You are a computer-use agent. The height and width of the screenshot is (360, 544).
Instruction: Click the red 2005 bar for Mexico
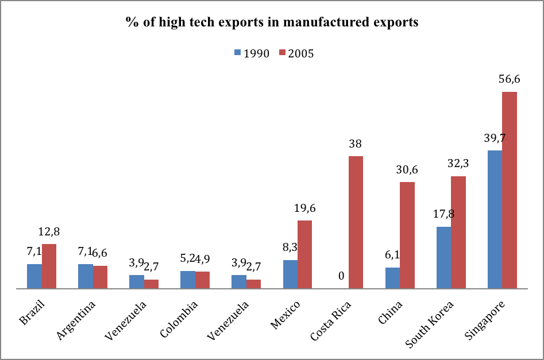coord(305,254)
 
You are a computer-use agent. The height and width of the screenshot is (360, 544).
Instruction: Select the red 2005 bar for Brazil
coord(49,266)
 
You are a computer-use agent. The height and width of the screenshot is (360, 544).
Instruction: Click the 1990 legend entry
coord(252,53)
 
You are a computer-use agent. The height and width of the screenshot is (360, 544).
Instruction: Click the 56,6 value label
coord(509,80)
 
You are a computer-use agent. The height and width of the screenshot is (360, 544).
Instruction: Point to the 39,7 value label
coord(495,138)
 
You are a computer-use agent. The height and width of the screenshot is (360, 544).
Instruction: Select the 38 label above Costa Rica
coord(356,144)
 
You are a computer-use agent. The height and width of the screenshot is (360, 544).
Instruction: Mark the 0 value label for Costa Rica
coord(341,276)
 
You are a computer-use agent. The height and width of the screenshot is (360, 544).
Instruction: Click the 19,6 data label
coord(305,208)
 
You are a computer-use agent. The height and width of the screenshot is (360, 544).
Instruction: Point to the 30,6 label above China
coord(407,170)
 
